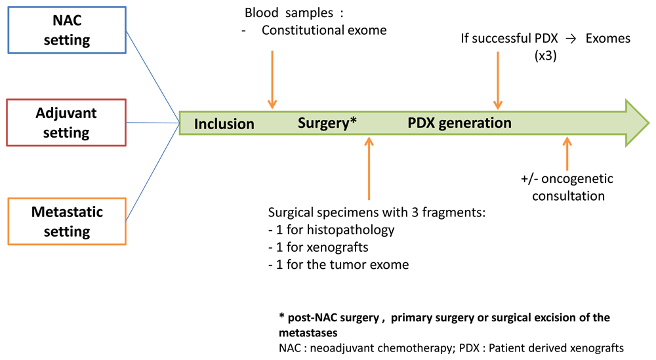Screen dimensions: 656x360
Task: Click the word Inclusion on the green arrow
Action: [x=224, y=124]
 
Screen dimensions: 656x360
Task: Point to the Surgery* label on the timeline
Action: [x=327, y=123]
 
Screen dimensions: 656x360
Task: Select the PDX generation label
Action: [x=459, y=123]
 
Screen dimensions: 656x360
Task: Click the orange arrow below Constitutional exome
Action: [x=272, y=80]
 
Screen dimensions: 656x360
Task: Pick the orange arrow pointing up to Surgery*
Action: [x=369, y=168]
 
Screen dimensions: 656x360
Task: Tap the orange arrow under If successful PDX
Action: [x=498, y=80]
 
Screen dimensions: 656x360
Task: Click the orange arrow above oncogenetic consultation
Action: [x=567, y=153]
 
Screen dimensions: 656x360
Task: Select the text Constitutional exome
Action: [x=324, y=30]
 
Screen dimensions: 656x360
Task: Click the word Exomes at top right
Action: [x=608, y=39]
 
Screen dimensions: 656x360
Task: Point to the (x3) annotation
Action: [x=546, y=56]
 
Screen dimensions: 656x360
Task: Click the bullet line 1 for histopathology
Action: [x=331, y=230]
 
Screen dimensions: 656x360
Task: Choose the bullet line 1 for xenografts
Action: [x=318, y=247]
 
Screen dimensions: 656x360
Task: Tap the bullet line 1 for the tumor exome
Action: [x=338, y=265]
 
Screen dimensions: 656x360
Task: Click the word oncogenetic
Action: [x=577, y=179]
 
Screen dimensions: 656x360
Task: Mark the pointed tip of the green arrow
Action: [x=649, y=123]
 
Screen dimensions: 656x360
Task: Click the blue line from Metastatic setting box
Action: [x=153, y=172]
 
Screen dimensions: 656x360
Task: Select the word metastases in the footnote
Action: [x=308, y=333]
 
